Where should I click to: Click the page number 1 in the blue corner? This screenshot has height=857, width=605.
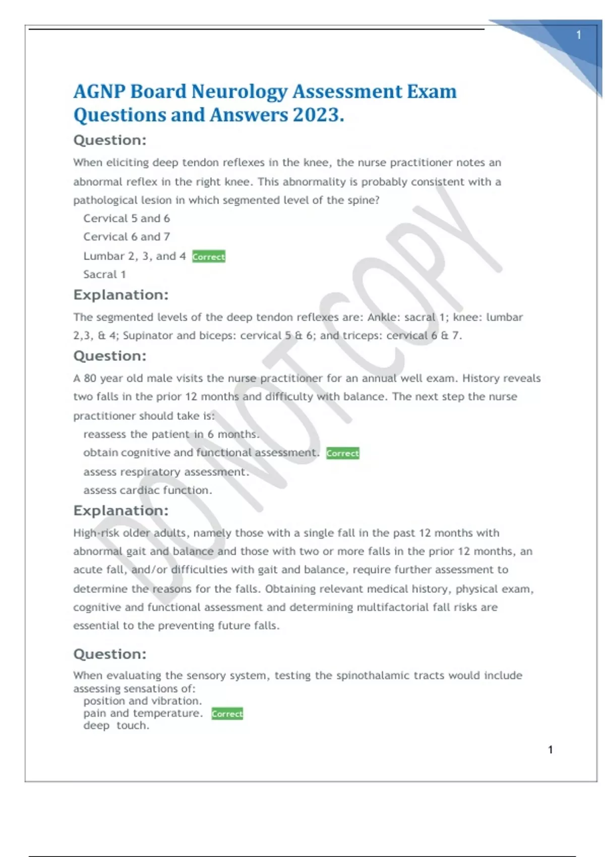[579, 35]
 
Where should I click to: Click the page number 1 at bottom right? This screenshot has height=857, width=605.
[551, 750]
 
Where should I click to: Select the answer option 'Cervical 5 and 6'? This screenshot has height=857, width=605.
[127, 218]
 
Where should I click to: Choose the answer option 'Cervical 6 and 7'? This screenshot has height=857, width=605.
[127, 236]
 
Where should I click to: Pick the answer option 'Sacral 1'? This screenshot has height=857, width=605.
[104, 274]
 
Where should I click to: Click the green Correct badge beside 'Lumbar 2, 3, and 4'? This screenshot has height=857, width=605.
[209, 257]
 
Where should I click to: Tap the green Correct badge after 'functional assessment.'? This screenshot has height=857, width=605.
[343, 453]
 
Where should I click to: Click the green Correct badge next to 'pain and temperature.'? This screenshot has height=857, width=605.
[227, 714]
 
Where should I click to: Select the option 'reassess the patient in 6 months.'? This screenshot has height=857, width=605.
[171, 434]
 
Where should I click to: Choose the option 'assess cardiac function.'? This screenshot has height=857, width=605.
[148, 490]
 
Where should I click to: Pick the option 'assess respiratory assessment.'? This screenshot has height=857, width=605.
[166, 472]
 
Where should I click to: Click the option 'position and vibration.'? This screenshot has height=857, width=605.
[143, 701]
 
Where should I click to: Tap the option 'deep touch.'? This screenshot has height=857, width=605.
[116, 725]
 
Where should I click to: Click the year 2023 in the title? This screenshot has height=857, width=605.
[316, 115]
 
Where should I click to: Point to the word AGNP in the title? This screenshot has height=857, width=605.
[99, 91]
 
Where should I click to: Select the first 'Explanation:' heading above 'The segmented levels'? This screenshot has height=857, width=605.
[121, 295]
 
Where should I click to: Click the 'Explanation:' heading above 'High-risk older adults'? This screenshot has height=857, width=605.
[121, 511]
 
